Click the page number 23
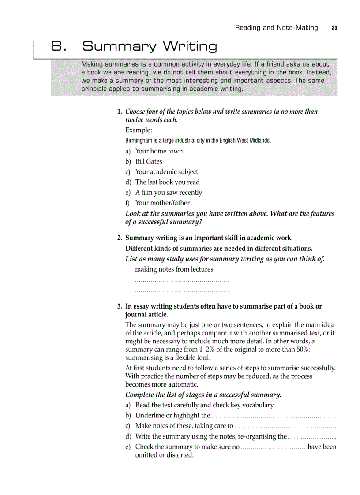[334, 28]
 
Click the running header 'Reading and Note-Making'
[276, 28]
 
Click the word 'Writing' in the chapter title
[190, 46]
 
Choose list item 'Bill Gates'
[149, 161]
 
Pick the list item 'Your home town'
[159, 151]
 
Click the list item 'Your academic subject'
[166, 172]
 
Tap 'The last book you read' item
[167, 182]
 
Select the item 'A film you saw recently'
[169, 193]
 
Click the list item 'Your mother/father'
[162, 203]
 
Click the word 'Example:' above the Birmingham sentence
[139, 130]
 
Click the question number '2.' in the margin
[120, 238]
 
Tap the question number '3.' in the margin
[120, 306]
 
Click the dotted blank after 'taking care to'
[285, 426]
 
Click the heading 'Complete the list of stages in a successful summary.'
[203, 395]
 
